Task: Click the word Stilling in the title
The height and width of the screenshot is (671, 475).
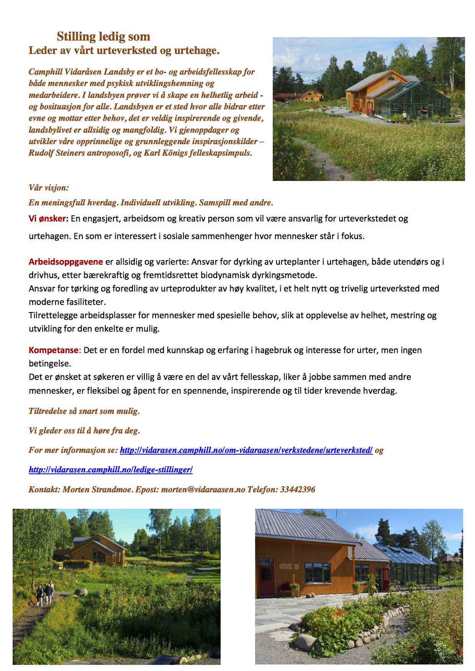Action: click(x=76, y=37)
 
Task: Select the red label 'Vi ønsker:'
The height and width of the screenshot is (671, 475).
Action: click(x=48, y=218)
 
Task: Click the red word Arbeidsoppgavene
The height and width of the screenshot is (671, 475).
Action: click(x=66, y=262)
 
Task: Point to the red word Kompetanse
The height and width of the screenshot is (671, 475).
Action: click(x=54, y=350)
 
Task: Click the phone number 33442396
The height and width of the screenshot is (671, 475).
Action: click(x=298, y=489)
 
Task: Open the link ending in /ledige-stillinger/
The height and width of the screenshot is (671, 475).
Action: click(x=111, y=469)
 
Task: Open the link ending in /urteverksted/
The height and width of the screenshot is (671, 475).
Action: click(x=246, y=450)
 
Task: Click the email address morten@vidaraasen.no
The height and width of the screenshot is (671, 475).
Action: click(x=203, y=489)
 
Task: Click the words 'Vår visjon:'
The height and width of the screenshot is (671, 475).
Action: click(x=49, y=187)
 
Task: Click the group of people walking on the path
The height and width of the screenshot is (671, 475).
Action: click(x=45, y=593)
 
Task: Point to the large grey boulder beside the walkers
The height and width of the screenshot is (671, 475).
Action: click(x=80, y=593)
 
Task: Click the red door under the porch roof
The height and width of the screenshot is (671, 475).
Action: click(x=265, y=578)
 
